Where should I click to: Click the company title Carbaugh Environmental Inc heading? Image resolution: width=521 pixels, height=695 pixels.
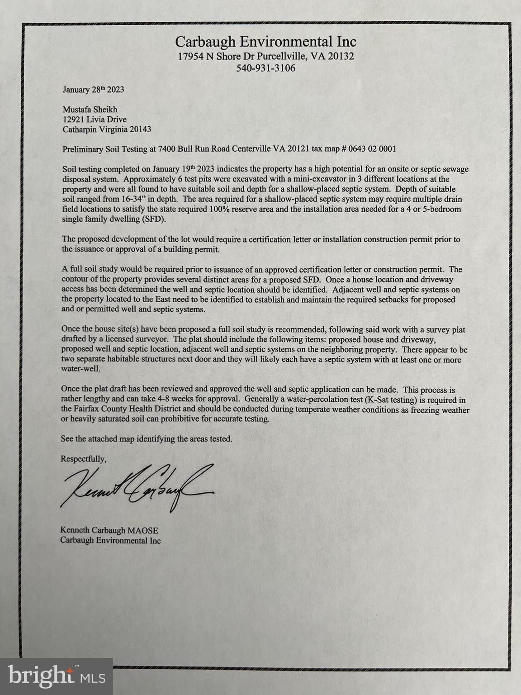coord(265,42)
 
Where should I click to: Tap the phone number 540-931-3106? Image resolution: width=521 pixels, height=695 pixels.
coord(265,68)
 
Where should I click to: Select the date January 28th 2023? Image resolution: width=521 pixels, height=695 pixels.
coord(93,90)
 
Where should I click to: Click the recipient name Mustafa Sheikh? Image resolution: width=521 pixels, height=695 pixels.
coord(90,109)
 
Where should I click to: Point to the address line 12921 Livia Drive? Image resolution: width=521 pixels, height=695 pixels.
coord(94,119)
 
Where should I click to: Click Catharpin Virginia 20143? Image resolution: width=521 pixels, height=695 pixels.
coord(106,129)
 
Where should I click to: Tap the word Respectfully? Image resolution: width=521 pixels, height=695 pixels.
coord(84,459)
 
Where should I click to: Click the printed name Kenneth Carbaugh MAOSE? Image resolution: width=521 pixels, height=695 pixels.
coord(109,530)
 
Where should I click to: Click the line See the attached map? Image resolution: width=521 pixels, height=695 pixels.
coord(147,439)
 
